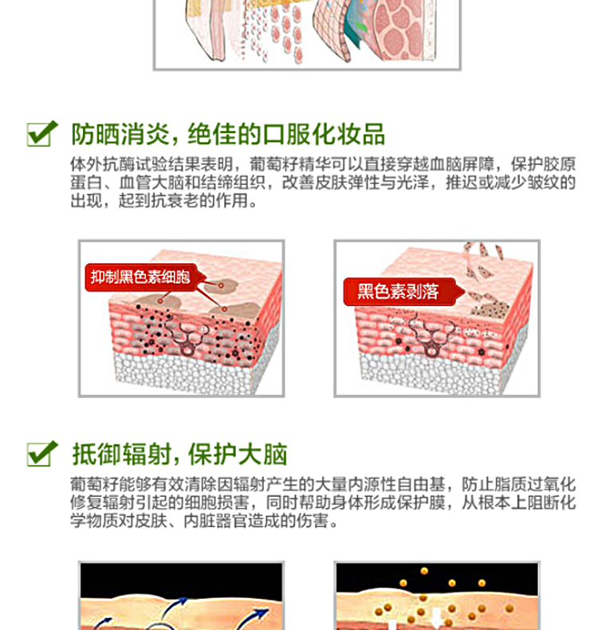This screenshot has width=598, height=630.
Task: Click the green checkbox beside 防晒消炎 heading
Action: point(42,133)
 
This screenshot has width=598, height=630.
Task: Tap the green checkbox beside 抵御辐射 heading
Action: point(42,454)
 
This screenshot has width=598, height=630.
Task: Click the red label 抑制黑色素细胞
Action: point(140,278)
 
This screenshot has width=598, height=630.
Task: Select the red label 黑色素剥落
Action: point(399,291)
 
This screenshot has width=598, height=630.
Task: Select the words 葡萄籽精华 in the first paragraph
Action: point(290,164)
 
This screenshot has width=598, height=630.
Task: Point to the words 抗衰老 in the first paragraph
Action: point(175,200)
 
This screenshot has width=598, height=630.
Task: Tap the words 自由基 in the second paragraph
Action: point(421,484)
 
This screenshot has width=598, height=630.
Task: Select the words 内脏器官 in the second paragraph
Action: point(215,520)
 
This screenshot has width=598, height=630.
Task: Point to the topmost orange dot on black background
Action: point(423,571)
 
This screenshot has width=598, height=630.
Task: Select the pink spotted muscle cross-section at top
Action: point(402,30)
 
